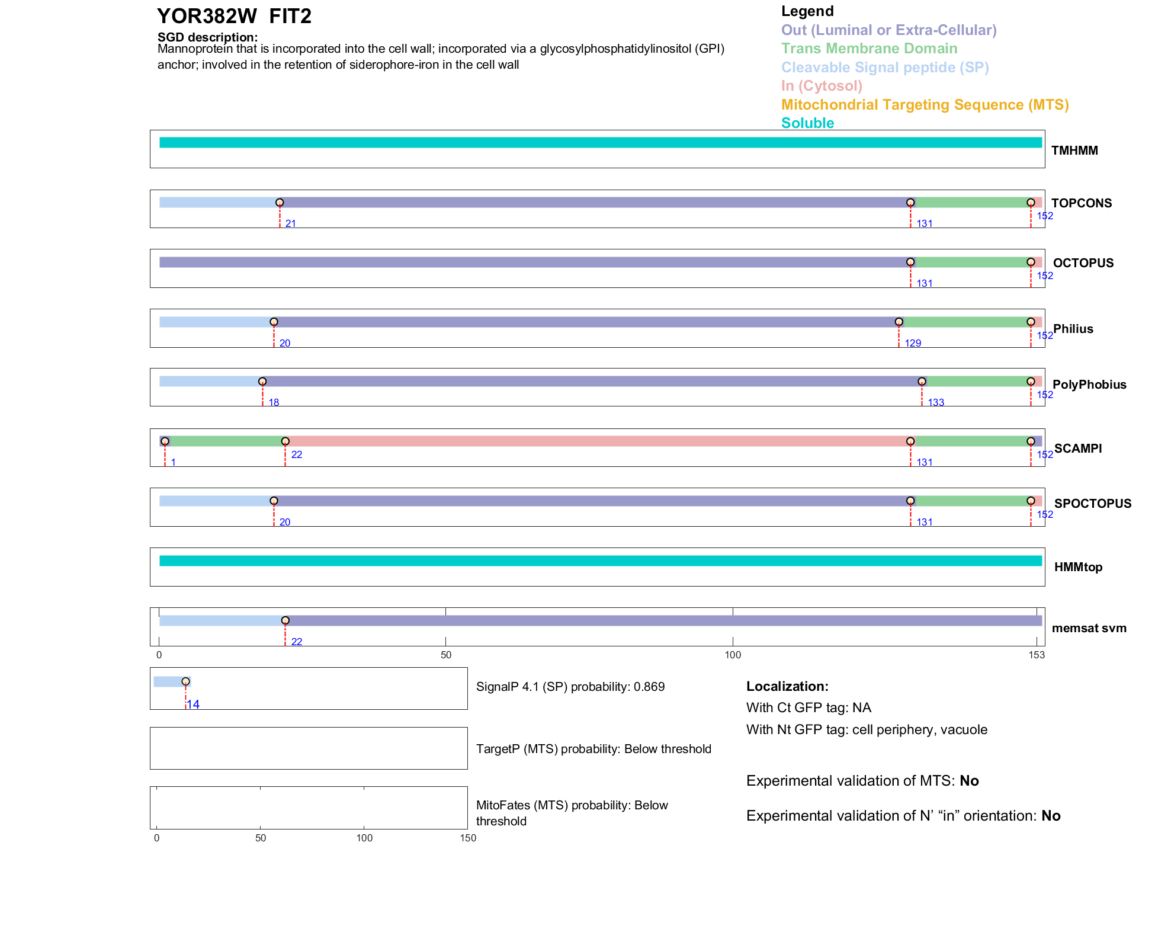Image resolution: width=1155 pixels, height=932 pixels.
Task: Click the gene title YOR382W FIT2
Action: tap(234, 17)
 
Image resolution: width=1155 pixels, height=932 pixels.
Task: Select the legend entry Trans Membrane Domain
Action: tap(869, 49)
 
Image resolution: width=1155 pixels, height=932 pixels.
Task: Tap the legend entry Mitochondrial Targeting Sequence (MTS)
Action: tap(925, 105)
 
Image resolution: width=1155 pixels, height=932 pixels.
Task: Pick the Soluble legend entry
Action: tap(807, 123)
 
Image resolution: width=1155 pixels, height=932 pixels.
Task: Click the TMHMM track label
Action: tap(1074, 150)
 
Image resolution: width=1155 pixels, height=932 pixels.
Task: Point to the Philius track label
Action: tap(1073, 329)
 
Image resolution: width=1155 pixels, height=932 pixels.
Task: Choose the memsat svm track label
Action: tap(1089, 628)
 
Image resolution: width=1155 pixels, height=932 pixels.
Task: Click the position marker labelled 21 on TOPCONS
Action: tap(280, 203)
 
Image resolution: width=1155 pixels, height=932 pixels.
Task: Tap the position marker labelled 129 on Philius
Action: tap(899, 322)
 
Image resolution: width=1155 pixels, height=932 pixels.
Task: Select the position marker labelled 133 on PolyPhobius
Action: tap(922, 382)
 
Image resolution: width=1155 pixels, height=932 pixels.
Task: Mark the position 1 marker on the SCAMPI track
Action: tap(165, 441)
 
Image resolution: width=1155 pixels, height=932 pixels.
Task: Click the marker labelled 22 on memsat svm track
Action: tap(285, 620)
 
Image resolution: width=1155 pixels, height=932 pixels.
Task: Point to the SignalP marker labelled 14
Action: tap(185, 681)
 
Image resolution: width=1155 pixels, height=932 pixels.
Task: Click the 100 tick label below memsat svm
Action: tap(733, 655)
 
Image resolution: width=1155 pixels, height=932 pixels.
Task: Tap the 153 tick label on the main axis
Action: tap(1037, 655)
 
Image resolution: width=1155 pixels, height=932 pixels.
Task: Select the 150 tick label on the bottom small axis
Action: tap(468, 838)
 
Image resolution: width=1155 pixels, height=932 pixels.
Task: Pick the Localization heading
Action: tap(787, 687)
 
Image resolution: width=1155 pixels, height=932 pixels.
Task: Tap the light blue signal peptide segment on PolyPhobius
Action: tap(210, 382)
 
